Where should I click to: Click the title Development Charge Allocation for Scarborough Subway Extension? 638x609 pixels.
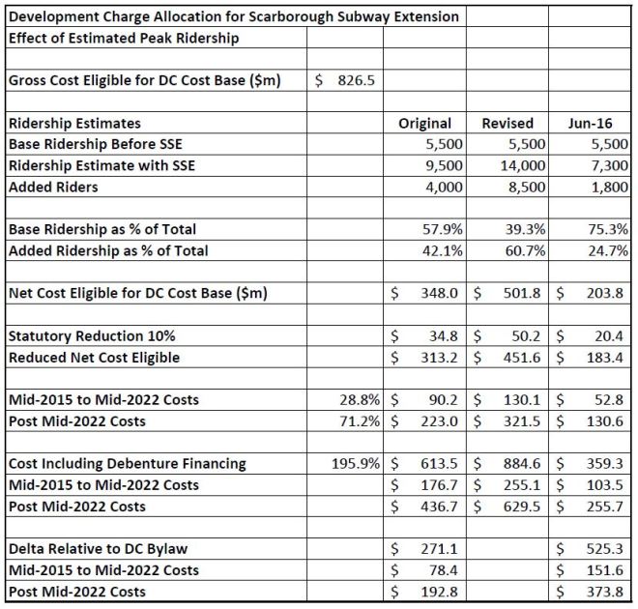click(232, 16)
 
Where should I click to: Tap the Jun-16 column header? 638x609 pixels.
click(595, 123)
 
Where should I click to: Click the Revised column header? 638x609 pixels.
click(507, 123)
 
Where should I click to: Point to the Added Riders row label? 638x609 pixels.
click(53, 187)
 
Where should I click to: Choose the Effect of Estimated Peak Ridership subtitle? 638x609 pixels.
click(123, 39)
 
